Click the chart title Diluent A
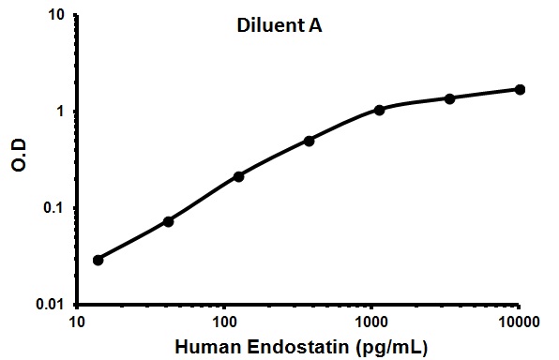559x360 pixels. click(x=279, y=28)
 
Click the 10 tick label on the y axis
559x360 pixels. click(x=55, y=16)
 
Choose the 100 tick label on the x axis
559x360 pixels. click(x=224, y=322)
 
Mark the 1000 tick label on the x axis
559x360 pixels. click(x=371, y=322)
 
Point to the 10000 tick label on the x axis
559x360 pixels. click(x=519, y=322)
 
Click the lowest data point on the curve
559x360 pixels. click(x=98, y=260)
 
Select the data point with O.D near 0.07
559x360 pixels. click(x=168, y=221)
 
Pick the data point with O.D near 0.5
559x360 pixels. click(x=309, y=141)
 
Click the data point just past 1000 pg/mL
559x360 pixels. click(x=379, y=110)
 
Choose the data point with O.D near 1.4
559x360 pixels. click(x=449, y=98)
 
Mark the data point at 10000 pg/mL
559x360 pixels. click(x=520, y=89)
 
